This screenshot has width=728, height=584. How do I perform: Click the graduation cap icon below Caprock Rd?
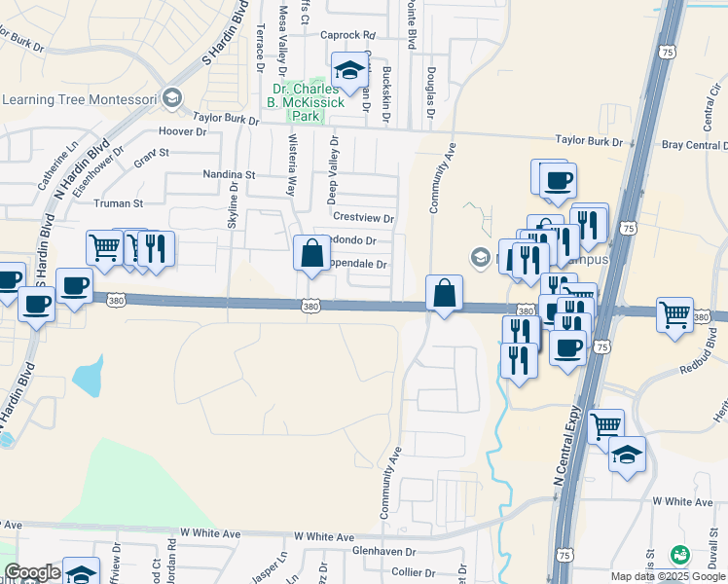348,71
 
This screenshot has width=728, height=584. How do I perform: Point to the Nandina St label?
229,174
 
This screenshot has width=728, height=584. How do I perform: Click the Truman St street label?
118,203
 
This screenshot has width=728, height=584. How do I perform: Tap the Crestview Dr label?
363,219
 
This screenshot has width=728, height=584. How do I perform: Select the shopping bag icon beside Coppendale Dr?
310,254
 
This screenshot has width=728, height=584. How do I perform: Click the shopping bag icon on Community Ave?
444,293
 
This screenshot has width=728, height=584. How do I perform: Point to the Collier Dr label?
414,572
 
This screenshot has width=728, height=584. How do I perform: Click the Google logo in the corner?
32,572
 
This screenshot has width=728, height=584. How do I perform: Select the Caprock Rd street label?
347,35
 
